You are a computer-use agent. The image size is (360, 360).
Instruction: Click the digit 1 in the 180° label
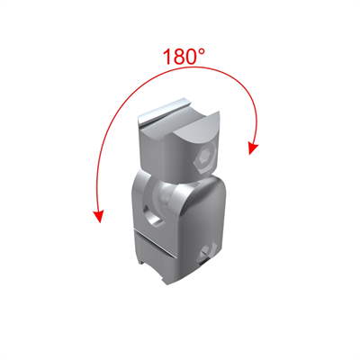pyautogui.click(x=167, y=57)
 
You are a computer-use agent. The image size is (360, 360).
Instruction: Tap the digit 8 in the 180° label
pyautogui.click(x=178, y=57)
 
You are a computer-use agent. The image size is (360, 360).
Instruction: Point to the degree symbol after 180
pyautogui.click(x=202, y=52)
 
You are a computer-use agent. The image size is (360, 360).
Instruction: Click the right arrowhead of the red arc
pyautogui.click(x=253, y=148)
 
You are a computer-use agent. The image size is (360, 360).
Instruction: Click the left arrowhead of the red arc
pyautogui.click(x=99, y=217)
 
